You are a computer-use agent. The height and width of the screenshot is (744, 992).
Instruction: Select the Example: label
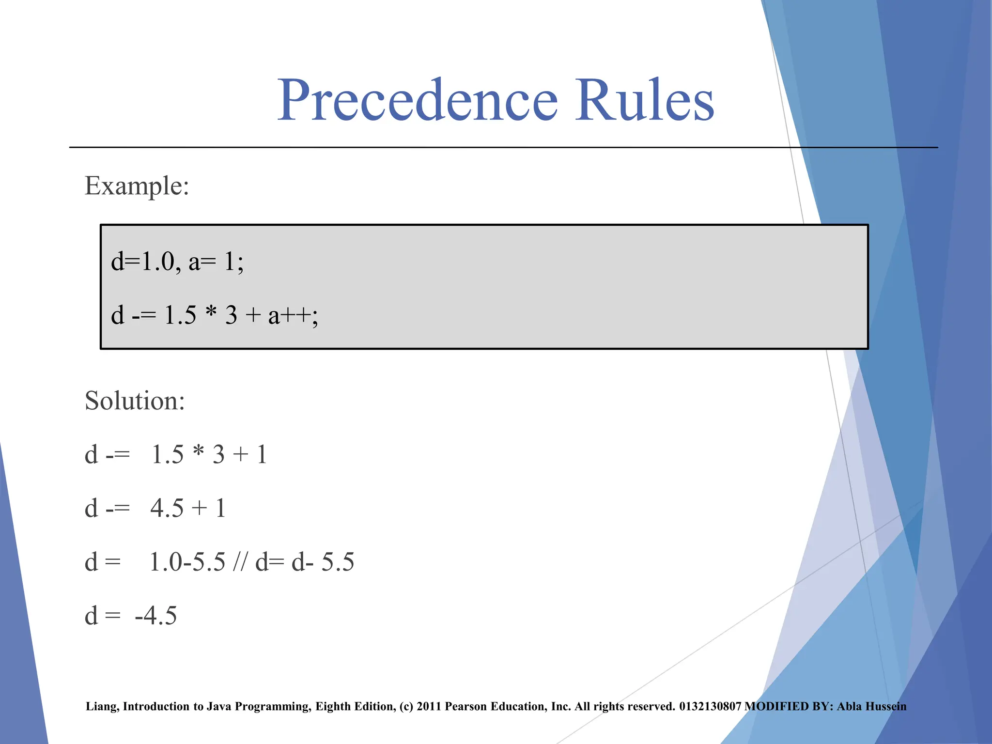coord(137,186)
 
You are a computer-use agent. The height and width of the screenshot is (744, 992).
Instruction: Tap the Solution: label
coord(135,401)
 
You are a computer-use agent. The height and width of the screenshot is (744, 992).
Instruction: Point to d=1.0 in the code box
coord(142,262)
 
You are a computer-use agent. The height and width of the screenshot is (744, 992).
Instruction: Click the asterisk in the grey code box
coord(211,313)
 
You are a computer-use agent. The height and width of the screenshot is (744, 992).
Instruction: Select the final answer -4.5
coord(156,616)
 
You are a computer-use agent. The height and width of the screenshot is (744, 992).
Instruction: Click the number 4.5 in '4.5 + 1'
coord(167,509)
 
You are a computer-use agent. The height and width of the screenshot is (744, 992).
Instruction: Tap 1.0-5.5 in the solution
coord(187,562)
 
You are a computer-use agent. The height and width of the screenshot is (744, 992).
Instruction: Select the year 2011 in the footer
coord(429,707)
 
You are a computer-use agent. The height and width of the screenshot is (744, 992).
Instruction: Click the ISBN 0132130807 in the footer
coord(710,707)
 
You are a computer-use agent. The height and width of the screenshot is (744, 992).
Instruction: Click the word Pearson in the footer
coord(466,707)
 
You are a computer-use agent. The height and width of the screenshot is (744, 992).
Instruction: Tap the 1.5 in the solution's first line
coord(168,455)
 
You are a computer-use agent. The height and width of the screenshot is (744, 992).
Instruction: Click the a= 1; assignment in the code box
coord(216,262)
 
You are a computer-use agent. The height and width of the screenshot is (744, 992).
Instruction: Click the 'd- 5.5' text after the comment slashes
coord(323,562)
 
